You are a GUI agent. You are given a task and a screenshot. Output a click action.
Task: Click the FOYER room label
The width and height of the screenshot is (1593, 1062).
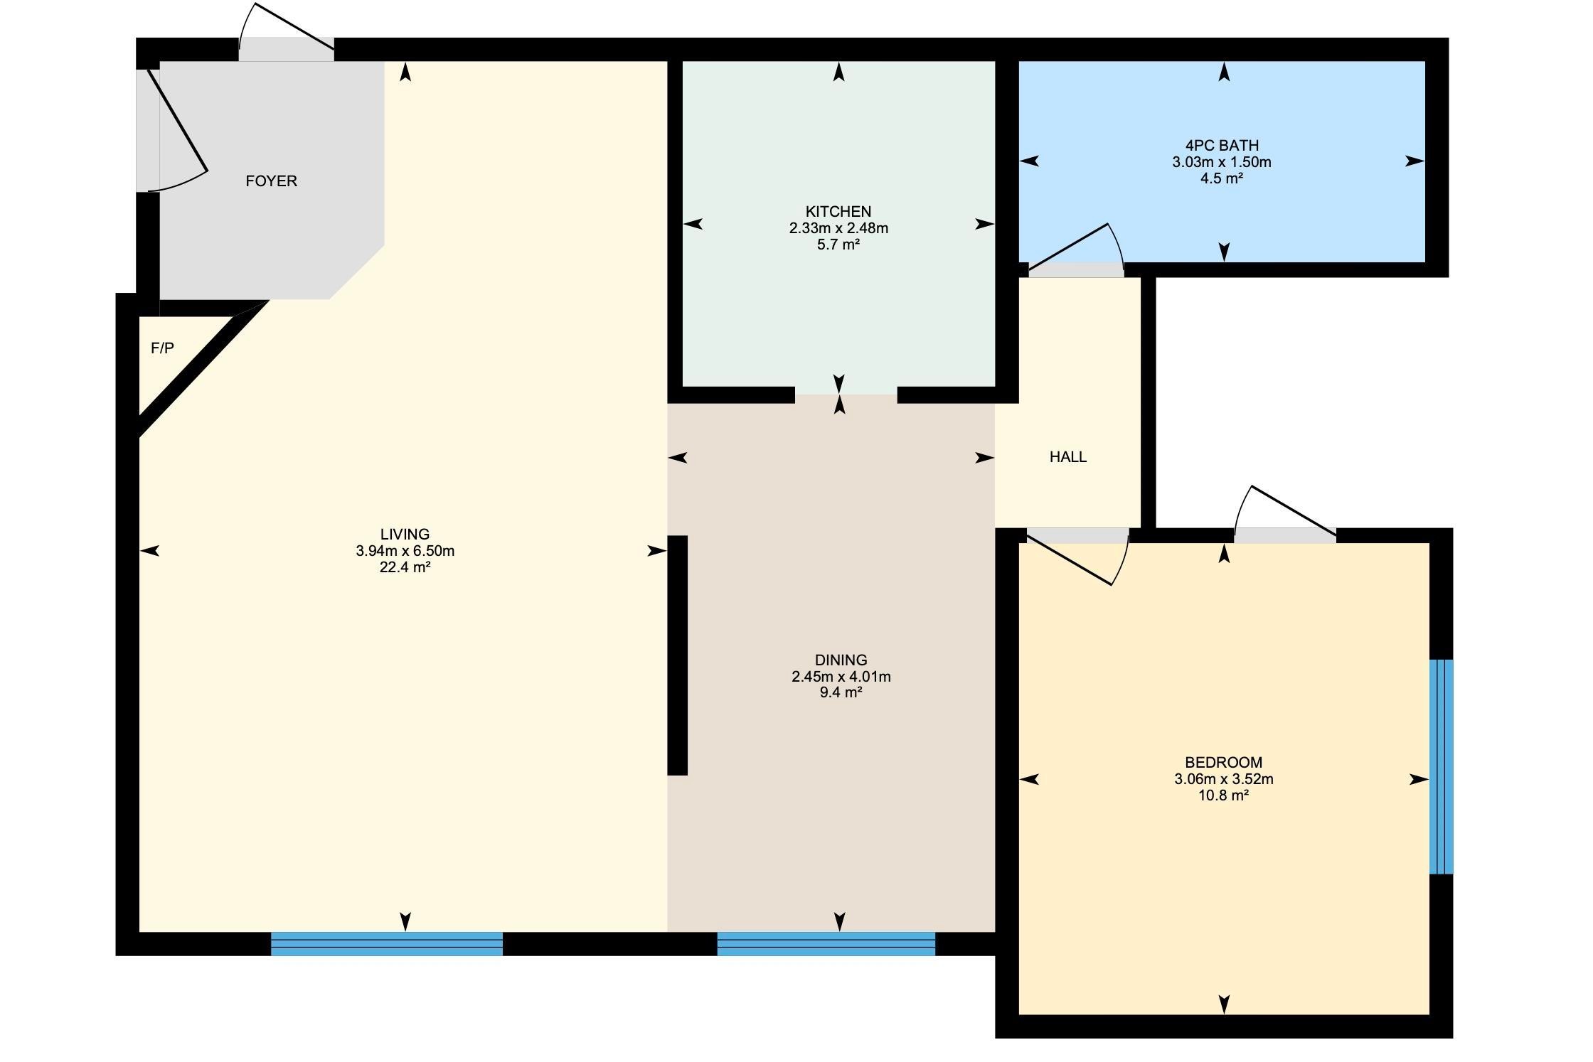click(x=271, y=181)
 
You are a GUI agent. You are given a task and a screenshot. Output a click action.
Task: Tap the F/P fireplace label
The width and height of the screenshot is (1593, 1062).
click(x=162, y=348)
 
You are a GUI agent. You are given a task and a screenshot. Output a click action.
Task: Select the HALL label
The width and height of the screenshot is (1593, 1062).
click(x=1068, y=457)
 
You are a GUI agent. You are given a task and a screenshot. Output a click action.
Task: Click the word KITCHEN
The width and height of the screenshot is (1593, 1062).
click(x=838, y=212)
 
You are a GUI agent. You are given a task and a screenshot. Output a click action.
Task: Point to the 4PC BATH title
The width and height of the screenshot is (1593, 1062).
click(x=1222, y=146)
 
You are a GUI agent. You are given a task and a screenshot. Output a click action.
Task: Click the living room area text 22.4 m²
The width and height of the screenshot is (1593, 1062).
click(x=405, y=567)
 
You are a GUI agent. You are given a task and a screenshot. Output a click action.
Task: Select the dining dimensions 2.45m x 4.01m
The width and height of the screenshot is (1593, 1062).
click(x=841, y=677)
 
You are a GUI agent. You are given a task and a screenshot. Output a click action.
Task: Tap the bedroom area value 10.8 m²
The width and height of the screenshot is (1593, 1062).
click(x=1224, y=795)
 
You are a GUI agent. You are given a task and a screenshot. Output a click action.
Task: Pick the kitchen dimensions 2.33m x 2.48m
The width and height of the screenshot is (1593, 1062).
click(x=838, y=228)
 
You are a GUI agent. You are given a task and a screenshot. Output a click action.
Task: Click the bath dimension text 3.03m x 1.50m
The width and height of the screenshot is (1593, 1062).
click(x=1222, y=162)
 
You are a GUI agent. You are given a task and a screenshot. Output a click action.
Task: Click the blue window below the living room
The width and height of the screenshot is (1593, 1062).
click(x=387, y=944)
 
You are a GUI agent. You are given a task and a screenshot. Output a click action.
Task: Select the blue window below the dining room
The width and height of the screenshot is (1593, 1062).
click(x=826, y=944)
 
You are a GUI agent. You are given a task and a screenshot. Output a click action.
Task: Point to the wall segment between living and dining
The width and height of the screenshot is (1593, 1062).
click(x=678, y=655)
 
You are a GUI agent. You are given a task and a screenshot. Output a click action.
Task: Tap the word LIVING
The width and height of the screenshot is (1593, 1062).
click(x=405, y=535)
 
